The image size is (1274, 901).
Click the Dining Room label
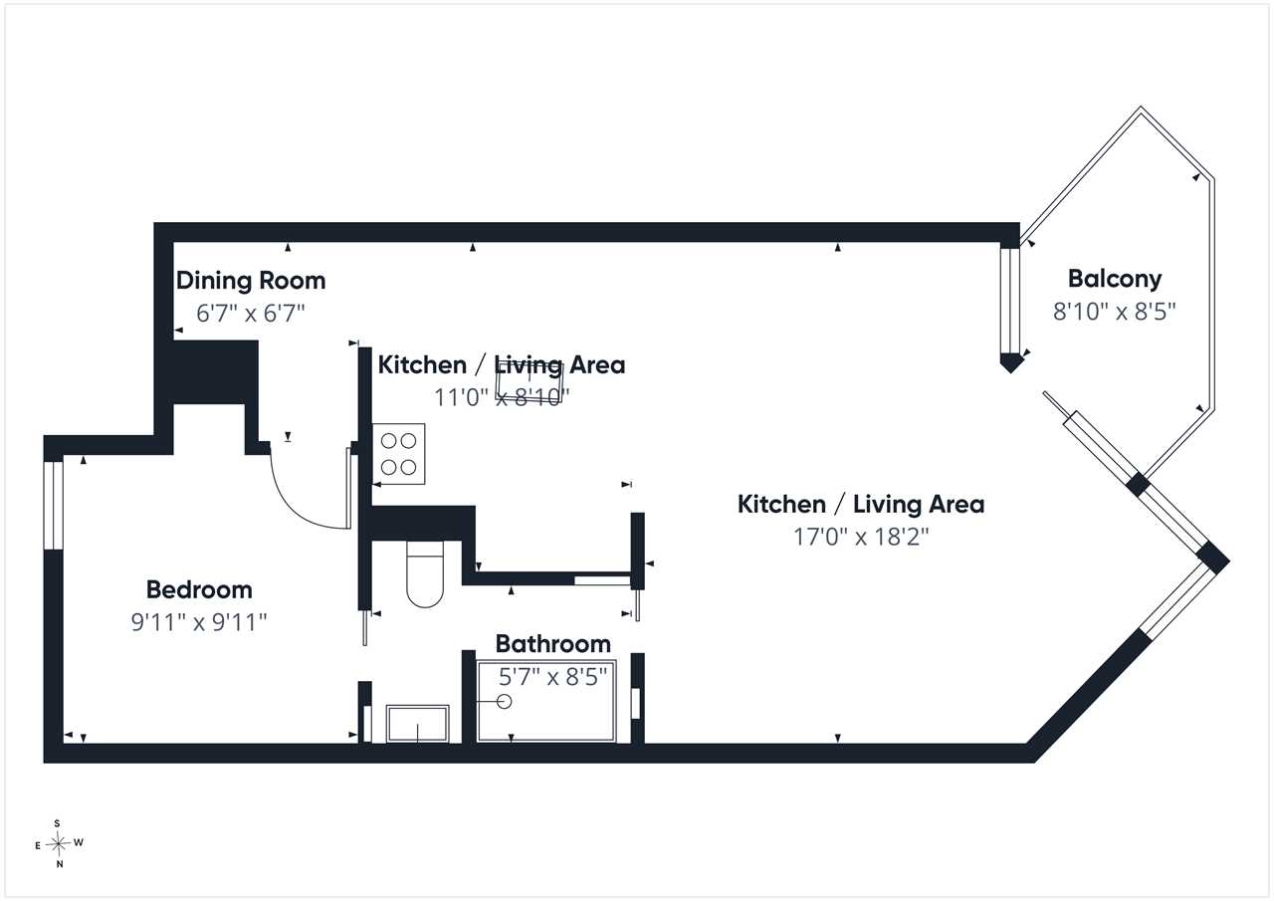click(251, 281)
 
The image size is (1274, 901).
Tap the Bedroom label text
click(199, 589)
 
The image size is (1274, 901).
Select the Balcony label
click(1114, 279)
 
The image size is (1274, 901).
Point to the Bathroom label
click(552, 644)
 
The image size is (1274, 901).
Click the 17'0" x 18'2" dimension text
click(861, 537)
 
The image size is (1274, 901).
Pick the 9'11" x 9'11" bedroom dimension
click(199, 622)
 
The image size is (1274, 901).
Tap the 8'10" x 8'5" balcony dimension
click(1114, 312)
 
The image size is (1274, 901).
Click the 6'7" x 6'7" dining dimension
click(251, 314)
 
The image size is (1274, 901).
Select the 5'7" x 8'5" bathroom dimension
click(552, 677)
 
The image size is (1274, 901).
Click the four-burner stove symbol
click(398, 454)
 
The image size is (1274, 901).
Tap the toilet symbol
click(425, 573)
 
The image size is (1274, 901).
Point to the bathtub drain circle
click(504, 702)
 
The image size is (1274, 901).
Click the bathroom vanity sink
click(417, 724)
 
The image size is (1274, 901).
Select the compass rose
click(59, 843)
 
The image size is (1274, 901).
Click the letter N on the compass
click(60, 864)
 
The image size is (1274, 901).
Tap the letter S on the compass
click(57, 823)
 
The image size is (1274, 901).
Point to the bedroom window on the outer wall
click(54, 506)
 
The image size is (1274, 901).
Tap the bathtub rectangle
click(546, 701)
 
